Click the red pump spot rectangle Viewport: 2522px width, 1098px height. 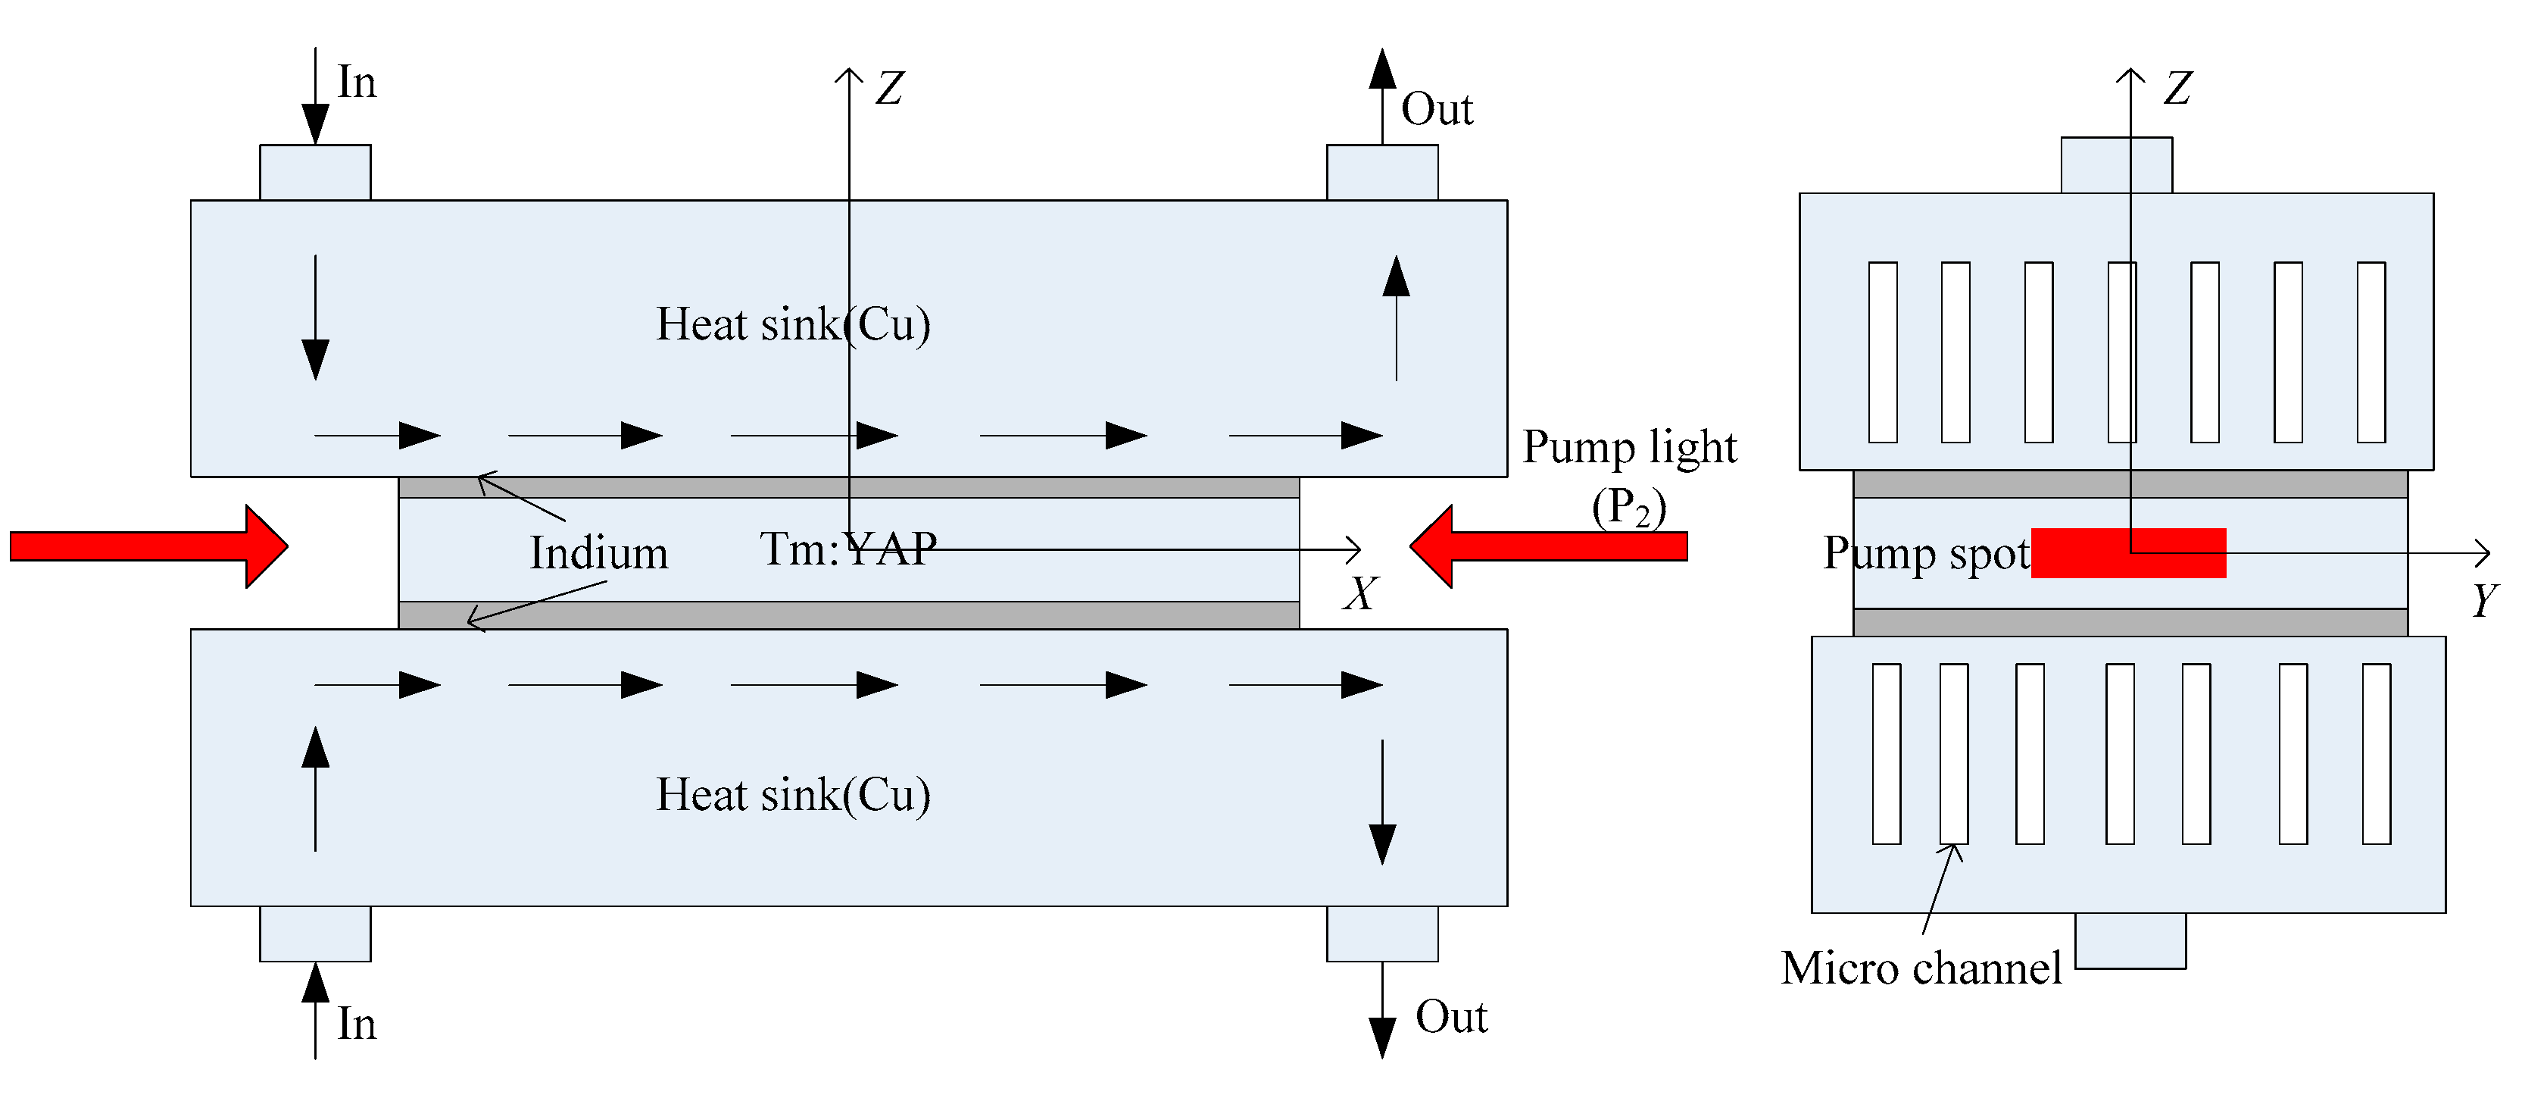click(2127, 552)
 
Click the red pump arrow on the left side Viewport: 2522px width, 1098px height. click(147, 546)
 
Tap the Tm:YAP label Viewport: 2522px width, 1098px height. click(847, 549)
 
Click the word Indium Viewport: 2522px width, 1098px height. click(599, 553)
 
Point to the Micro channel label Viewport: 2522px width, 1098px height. click(1921, 968)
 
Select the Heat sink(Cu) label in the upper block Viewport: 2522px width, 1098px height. click(793, 324)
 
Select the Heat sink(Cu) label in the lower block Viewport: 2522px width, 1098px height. click(793, 794)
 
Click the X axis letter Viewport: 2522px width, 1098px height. click(1360, 593)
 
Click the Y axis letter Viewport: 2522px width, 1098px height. click(2484, 599)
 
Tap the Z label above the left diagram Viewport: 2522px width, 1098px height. click(889, 88)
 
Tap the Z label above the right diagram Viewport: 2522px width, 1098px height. click(2177, 88)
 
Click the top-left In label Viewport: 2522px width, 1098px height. click(357, 83)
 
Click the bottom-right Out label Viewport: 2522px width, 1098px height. click(1451, 1017)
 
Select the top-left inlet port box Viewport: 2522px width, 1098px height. click(315, 172)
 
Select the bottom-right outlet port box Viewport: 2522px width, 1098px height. click(1381, 934)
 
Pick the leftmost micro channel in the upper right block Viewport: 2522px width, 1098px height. click(1882, 352)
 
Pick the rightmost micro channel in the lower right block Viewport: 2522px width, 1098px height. click(2376, 753)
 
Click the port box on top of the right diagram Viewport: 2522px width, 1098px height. click(2116, 164)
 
